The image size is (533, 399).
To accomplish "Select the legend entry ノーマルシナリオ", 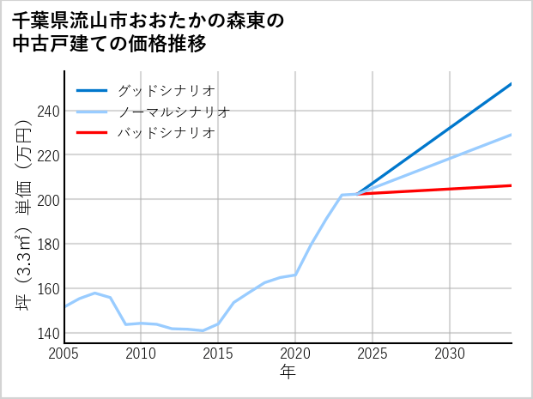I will pyautogui.click(x=173, y=112).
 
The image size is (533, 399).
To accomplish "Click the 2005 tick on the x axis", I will pyautogui.click(x=64, y=354).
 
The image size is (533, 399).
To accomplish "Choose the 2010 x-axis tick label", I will pyautogui.click(x=142, y=354).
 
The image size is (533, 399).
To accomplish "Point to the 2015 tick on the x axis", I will pyautogui.click(x=219, y=354).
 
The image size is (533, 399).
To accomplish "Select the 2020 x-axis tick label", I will pyautogui.click(x=295, y=354).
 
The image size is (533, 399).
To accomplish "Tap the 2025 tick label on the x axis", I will pyautogui.click(x=372, y=354).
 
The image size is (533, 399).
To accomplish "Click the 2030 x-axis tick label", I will pyautogui.click(x=450, y=354).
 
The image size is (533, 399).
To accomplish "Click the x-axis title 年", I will pyautogui.click(x=288, y=372).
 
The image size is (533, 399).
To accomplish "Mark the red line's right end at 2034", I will pyautogui.click(x=512, y=185).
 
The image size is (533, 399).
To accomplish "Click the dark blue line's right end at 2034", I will pyautogui.click(x=512, y=84).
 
